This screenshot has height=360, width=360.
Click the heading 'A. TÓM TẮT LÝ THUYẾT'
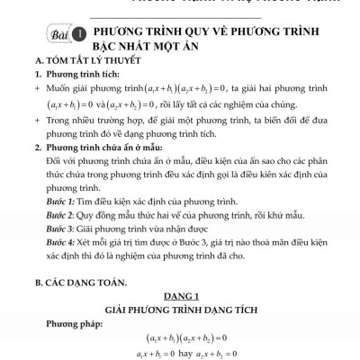[x=82, y=61]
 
